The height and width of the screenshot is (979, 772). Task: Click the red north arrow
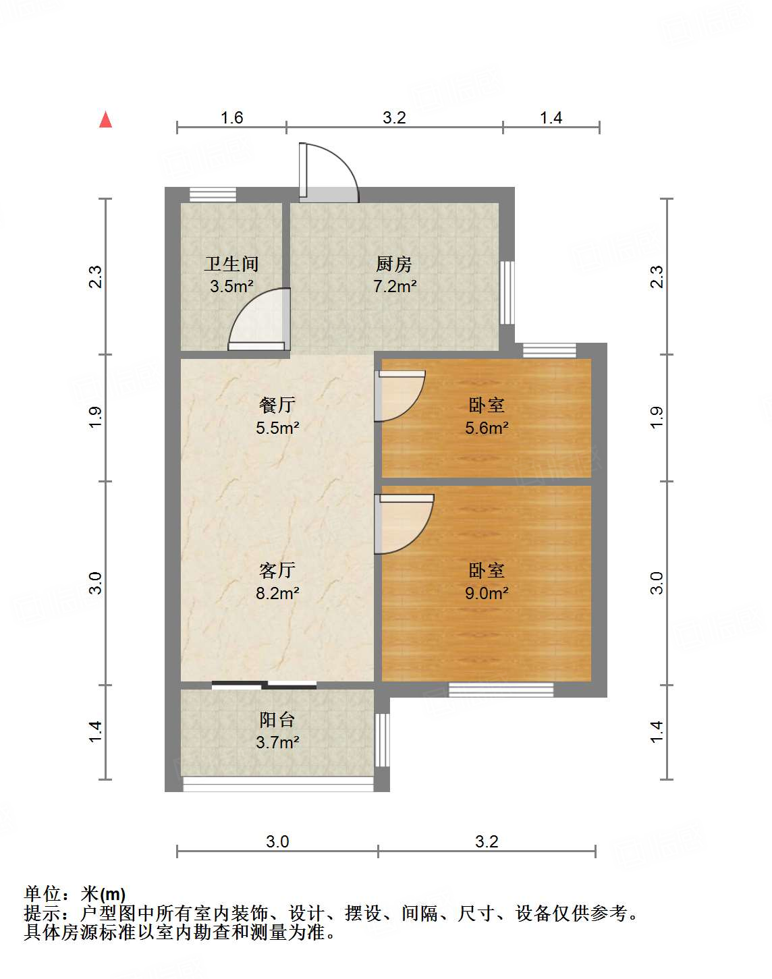105,119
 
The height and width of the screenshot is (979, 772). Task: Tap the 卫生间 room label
231,264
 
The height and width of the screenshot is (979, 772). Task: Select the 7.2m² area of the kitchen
395,286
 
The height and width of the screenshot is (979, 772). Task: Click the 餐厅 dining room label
277,405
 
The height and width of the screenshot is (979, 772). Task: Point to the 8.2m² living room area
277,593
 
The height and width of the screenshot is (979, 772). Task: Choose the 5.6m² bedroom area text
487,428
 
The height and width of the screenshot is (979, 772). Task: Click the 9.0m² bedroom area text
487,593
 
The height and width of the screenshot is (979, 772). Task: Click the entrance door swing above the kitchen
329,173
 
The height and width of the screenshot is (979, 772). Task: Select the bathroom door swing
259,319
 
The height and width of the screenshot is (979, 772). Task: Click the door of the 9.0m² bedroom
404,524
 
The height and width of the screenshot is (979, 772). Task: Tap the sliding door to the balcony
264,685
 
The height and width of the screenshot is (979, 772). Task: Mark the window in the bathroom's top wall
213,195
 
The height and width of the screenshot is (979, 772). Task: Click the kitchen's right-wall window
507,293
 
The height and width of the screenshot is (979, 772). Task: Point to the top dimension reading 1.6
231,118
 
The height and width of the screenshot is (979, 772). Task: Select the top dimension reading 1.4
551,118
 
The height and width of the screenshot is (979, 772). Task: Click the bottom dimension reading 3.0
277,841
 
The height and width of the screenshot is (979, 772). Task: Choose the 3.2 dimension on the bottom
487,841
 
